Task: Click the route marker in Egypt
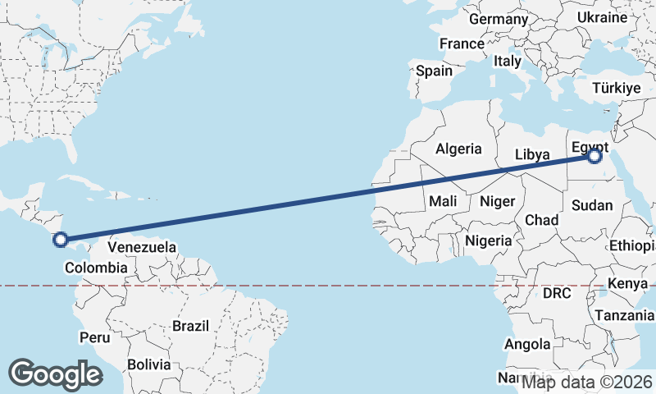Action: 595,156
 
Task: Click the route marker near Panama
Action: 60,240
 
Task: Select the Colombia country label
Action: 96,268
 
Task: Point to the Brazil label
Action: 191,326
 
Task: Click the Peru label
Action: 94,337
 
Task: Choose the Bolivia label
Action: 148,364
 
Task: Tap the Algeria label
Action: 458,149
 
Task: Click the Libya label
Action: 531,154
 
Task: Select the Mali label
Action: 442,201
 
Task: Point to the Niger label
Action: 497,201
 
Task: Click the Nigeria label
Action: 488,241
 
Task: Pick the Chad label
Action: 541,220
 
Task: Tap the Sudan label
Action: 592,205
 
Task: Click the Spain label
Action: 434,71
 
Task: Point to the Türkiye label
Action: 617,88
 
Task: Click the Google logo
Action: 55,374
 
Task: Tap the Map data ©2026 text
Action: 587,382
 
